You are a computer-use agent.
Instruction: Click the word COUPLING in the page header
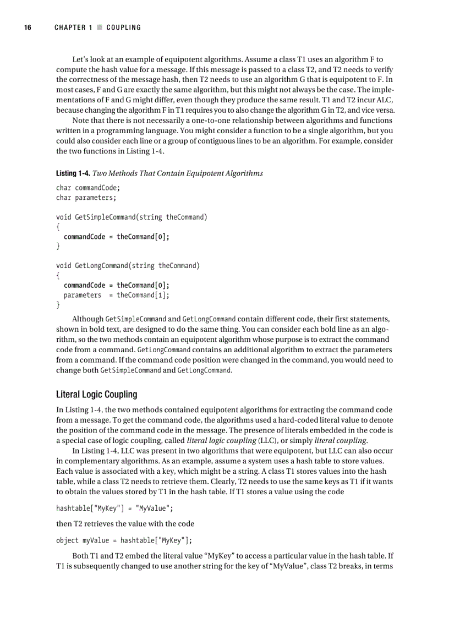coord(123,28)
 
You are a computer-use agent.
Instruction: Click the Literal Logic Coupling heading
coord(96,394)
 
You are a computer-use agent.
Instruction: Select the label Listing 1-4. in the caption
coord(73,173)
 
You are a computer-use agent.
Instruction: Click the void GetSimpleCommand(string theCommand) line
coord(132,217)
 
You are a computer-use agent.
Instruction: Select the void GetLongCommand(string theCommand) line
coord(128,266)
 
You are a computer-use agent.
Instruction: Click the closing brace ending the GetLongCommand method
coord(58,305)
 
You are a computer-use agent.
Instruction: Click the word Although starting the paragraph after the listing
coord(87,319)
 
